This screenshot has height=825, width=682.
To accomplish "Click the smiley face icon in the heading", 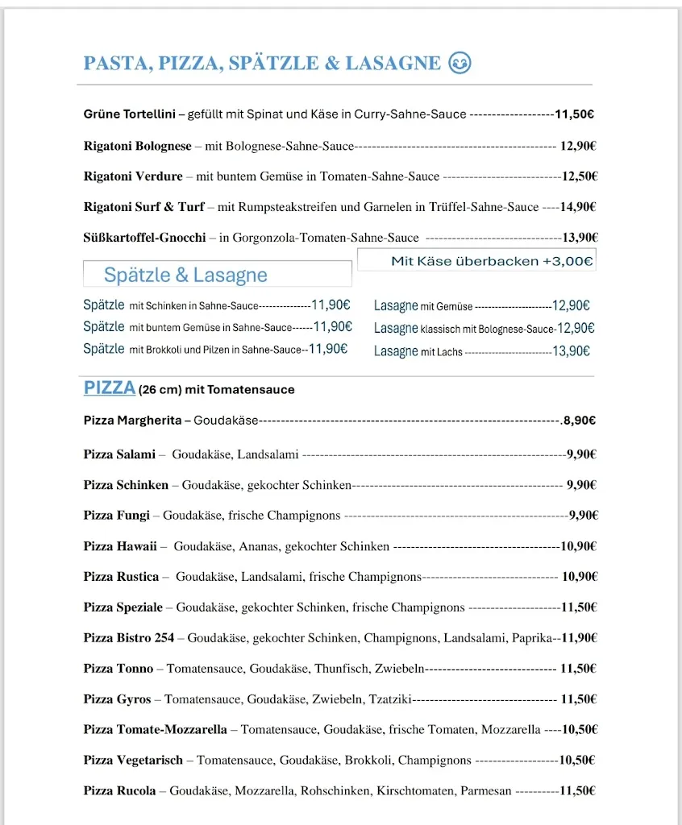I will [460, 63].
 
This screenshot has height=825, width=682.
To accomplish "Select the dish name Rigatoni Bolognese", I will [138, 146].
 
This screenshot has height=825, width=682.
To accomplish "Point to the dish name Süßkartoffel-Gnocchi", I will [144, 238].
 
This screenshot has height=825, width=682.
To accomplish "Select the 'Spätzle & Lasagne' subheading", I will [185, 275].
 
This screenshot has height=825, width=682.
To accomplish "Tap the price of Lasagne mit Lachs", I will [571, 351].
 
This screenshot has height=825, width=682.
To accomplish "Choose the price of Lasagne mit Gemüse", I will [571, 306].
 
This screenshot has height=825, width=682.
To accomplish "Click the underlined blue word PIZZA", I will [110, 388].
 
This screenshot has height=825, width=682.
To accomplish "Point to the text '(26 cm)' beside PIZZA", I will [160, 390].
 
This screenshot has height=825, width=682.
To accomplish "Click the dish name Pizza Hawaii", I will [120, 546].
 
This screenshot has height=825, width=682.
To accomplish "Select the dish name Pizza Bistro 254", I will [129, 637].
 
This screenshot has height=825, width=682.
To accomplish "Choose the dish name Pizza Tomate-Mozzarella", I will [156, 729].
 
